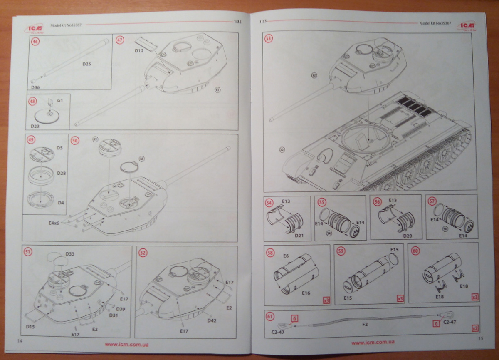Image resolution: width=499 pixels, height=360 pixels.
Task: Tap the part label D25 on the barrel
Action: coord(86,64)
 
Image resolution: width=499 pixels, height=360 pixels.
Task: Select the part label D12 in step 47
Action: coord(139,50)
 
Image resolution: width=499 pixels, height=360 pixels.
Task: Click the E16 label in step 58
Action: coord(306,293)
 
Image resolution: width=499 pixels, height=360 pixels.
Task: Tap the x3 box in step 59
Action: coord(400,299)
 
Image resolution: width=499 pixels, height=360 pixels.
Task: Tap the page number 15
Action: coord(481,338)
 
